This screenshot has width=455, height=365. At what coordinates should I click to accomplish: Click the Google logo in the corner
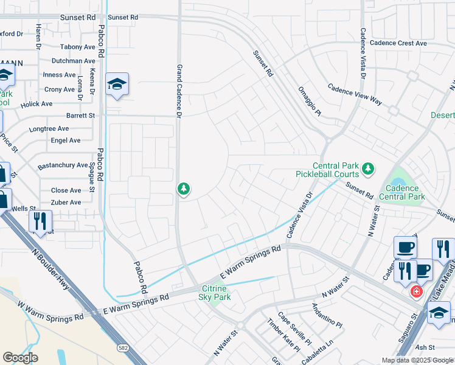20,358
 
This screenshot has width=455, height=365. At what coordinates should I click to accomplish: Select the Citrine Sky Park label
214,292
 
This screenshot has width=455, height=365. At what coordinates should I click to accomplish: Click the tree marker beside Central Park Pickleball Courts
367,167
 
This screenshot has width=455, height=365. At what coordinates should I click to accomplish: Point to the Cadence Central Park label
401,192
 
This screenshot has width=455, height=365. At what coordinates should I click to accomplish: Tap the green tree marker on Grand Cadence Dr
183,190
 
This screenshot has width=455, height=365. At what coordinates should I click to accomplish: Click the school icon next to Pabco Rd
117,85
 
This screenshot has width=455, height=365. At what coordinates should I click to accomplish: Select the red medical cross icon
416,292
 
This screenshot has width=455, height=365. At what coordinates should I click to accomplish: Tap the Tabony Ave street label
78,47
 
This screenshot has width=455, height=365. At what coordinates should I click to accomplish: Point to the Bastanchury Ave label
63,165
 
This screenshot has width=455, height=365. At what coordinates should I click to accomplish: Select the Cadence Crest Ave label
398,43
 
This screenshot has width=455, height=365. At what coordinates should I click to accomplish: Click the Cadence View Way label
355,94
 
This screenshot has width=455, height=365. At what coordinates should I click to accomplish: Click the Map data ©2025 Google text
417,360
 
